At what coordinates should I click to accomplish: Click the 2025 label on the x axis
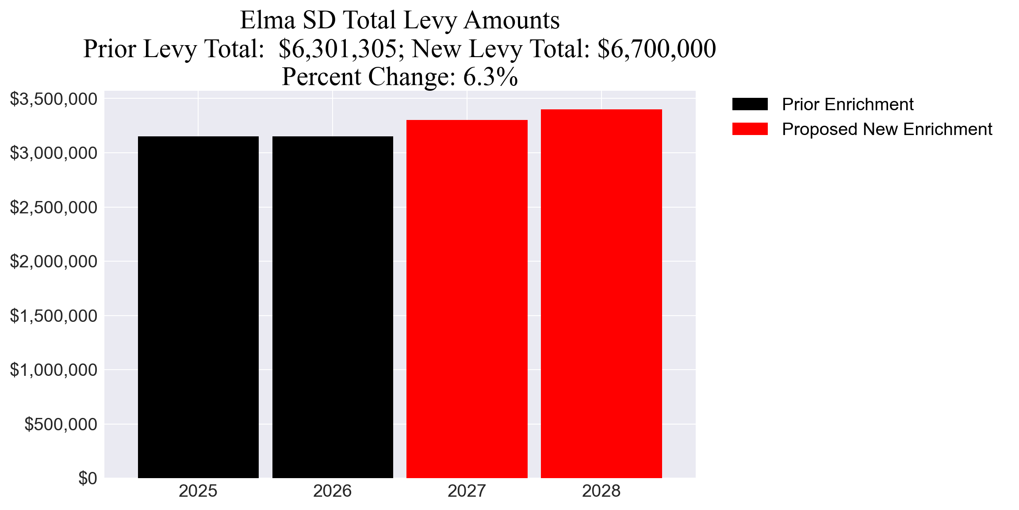[198, 491]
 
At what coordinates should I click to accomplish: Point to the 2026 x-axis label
[333, 491]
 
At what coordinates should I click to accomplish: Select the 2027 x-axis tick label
[467, 491]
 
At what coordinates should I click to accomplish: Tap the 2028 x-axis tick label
[601, 491]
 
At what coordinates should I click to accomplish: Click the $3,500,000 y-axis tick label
[54, 99]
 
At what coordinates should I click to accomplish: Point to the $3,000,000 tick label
[54, 153]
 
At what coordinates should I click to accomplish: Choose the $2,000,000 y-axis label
[54, 262]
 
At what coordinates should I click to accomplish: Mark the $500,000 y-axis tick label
[61, 424]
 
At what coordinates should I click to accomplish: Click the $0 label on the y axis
[88, 478]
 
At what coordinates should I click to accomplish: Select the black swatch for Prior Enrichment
[750, 104]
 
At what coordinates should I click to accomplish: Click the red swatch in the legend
[750, 129]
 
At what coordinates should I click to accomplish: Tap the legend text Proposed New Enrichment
[887, 129]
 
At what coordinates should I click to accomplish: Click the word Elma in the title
[268, 20]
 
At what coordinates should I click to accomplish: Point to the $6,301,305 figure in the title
[338, 49]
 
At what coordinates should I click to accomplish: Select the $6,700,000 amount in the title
[656, 49]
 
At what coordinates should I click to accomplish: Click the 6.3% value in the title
[490, 77]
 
